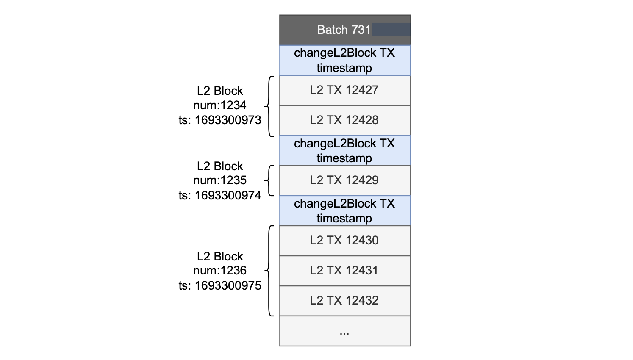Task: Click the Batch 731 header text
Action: [x=344, y=30]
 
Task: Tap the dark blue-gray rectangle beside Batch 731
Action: [x=391, y=30]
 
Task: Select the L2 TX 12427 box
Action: [x=344, y=90]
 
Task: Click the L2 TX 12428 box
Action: [x=344, y=120]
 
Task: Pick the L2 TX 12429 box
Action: [x=344, y=180]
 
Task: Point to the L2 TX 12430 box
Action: [x=344, y=241]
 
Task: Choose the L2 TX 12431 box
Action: [x=344, y=271]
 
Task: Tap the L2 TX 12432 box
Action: [x=344, y=301]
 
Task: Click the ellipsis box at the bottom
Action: [x=344, y=331]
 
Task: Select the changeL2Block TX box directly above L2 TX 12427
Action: [x=344, y=60]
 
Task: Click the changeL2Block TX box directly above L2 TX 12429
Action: [x=344, y=150]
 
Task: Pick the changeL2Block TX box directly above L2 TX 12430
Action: [x=344, y=210]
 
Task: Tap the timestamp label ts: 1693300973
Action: [x=220, y=120]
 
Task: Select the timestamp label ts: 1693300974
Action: [x=220, y=195]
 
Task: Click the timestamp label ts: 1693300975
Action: [x=220, y=285]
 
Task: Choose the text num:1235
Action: [x=220, y=180]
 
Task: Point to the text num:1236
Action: [x=220, y=271]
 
